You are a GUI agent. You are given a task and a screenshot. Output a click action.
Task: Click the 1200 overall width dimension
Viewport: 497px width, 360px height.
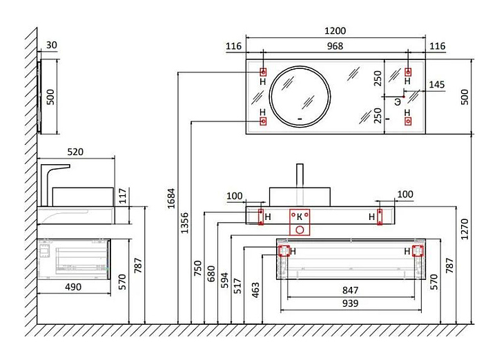(335, 31)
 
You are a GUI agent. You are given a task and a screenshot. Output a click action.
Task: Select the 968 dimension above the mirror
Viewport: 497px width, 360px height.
(335, 46)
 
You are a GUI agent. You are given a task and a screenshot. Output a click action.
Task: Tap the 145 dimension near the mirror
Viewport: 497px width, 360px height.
(437, 85)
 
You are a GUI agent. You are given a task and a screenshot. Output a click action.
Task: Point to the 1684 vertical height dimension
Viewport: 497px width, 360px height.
(171, 199)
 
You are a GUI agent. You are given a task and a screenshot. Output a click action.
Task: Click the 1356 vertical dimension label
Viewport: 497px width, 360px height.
(184, 223)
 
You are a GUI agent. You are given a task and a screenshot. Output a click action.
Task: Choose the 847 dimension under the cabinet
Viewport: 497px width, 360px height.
(350, 290)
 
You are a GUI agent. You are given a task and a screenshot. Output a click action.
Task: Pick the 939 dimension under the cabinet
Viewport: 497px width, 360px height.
(350, 303)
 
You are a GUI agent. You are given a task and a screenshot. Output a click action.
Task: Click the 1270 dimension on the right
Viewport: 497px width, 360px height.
(465, 229)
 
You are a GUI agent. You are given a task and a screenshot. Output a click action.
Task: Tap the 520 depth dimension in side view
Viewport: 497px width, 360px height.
(75, 152)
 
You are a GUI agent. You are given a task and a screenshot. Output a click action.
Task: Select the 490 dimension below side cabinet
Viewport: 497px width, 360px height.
(73, 287)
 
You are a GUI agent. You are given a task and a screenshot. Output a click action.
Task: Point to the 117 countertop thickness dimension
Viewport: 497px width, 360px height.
(123, 196)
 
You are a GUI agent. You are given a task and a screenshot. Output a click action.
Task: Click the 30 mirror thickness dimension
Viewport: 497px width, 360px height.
(52, 46)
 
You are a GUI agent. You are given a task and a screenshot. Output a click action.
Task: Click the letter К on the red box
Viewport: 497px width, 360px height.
(299, 217)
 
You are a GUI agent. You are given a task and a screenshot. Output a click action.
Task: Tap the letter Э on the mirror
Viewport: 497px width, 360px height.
(398, 102)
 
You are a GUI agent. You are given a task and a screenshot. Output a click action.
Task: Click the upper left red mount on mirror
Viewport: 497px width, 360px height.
(263, 72)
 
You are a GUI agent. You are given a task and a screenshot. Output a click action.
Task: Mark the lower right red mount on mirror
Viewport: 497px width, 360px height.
(408, 121)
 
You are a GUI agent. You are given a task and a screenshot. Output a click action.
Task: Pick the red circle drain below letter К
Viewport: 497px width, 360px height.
(300, 230)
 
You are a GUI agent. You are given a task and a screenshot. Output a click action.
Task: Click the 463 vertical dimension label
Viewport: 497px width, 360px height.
(255, 290)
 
